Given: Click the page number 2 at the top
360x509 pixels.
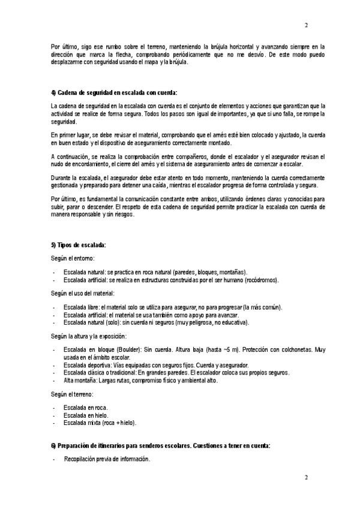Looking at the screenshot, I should coord(306,25).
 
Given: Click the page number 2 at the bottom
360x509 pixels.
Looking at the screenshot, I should coord(306,478).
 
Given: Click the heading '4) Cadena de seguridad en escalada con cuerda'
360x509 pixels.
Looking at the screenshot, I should coord(114,92).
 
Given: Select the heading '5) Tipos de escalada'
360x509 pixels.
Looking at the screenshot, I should coord(79,245).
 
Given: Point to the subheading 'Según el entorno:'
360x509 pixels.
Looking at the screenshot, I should coord(73,258).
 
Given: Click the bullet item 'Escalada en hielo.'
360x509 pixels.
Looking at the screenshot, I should coord(86,415).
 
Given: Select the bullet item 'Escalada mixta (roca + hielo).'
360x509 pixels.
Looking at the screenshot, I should coord(100,423).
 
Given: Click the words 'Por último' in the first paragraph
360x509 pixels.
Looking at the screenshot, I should coord(64,46).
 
